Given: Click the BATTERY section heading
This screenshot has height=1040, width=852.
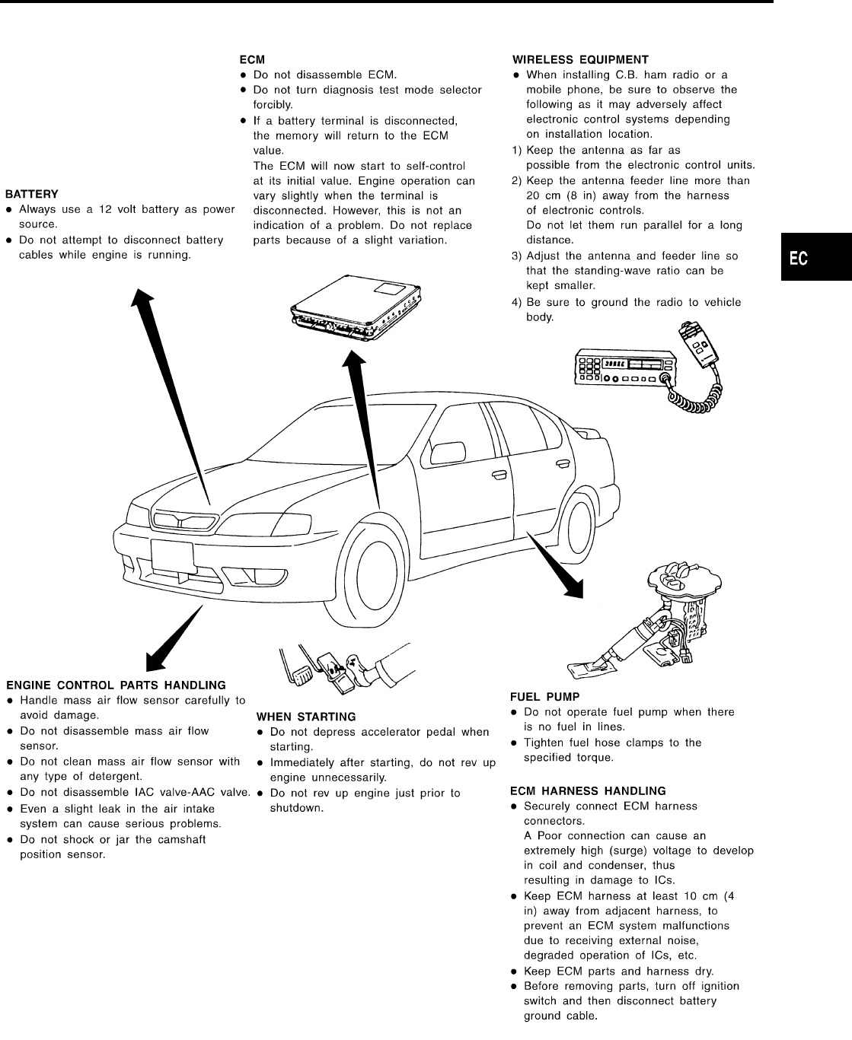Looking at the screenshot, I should pyautogui.click(x=32, y=194).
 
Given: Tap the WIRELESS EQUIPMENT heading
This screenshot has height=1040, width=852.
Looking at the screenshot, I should pyautogui.click(x=580, y=59).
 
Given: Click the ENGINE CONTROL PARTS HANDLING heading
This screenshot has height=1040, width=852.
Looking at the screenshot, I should pyautogui.click(x=116, y=685).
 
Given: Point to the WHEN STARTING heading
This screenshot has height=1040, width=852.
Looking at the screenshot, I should pyautogui.click(x=306, y=717).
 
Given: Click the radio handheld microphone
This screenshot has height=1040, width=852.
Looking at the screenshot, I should pyautogui.click(x=701, y=344).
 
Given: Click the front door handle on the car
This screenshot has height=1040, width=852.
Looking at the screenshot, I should pyautogui.click(x=500, y=477).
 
